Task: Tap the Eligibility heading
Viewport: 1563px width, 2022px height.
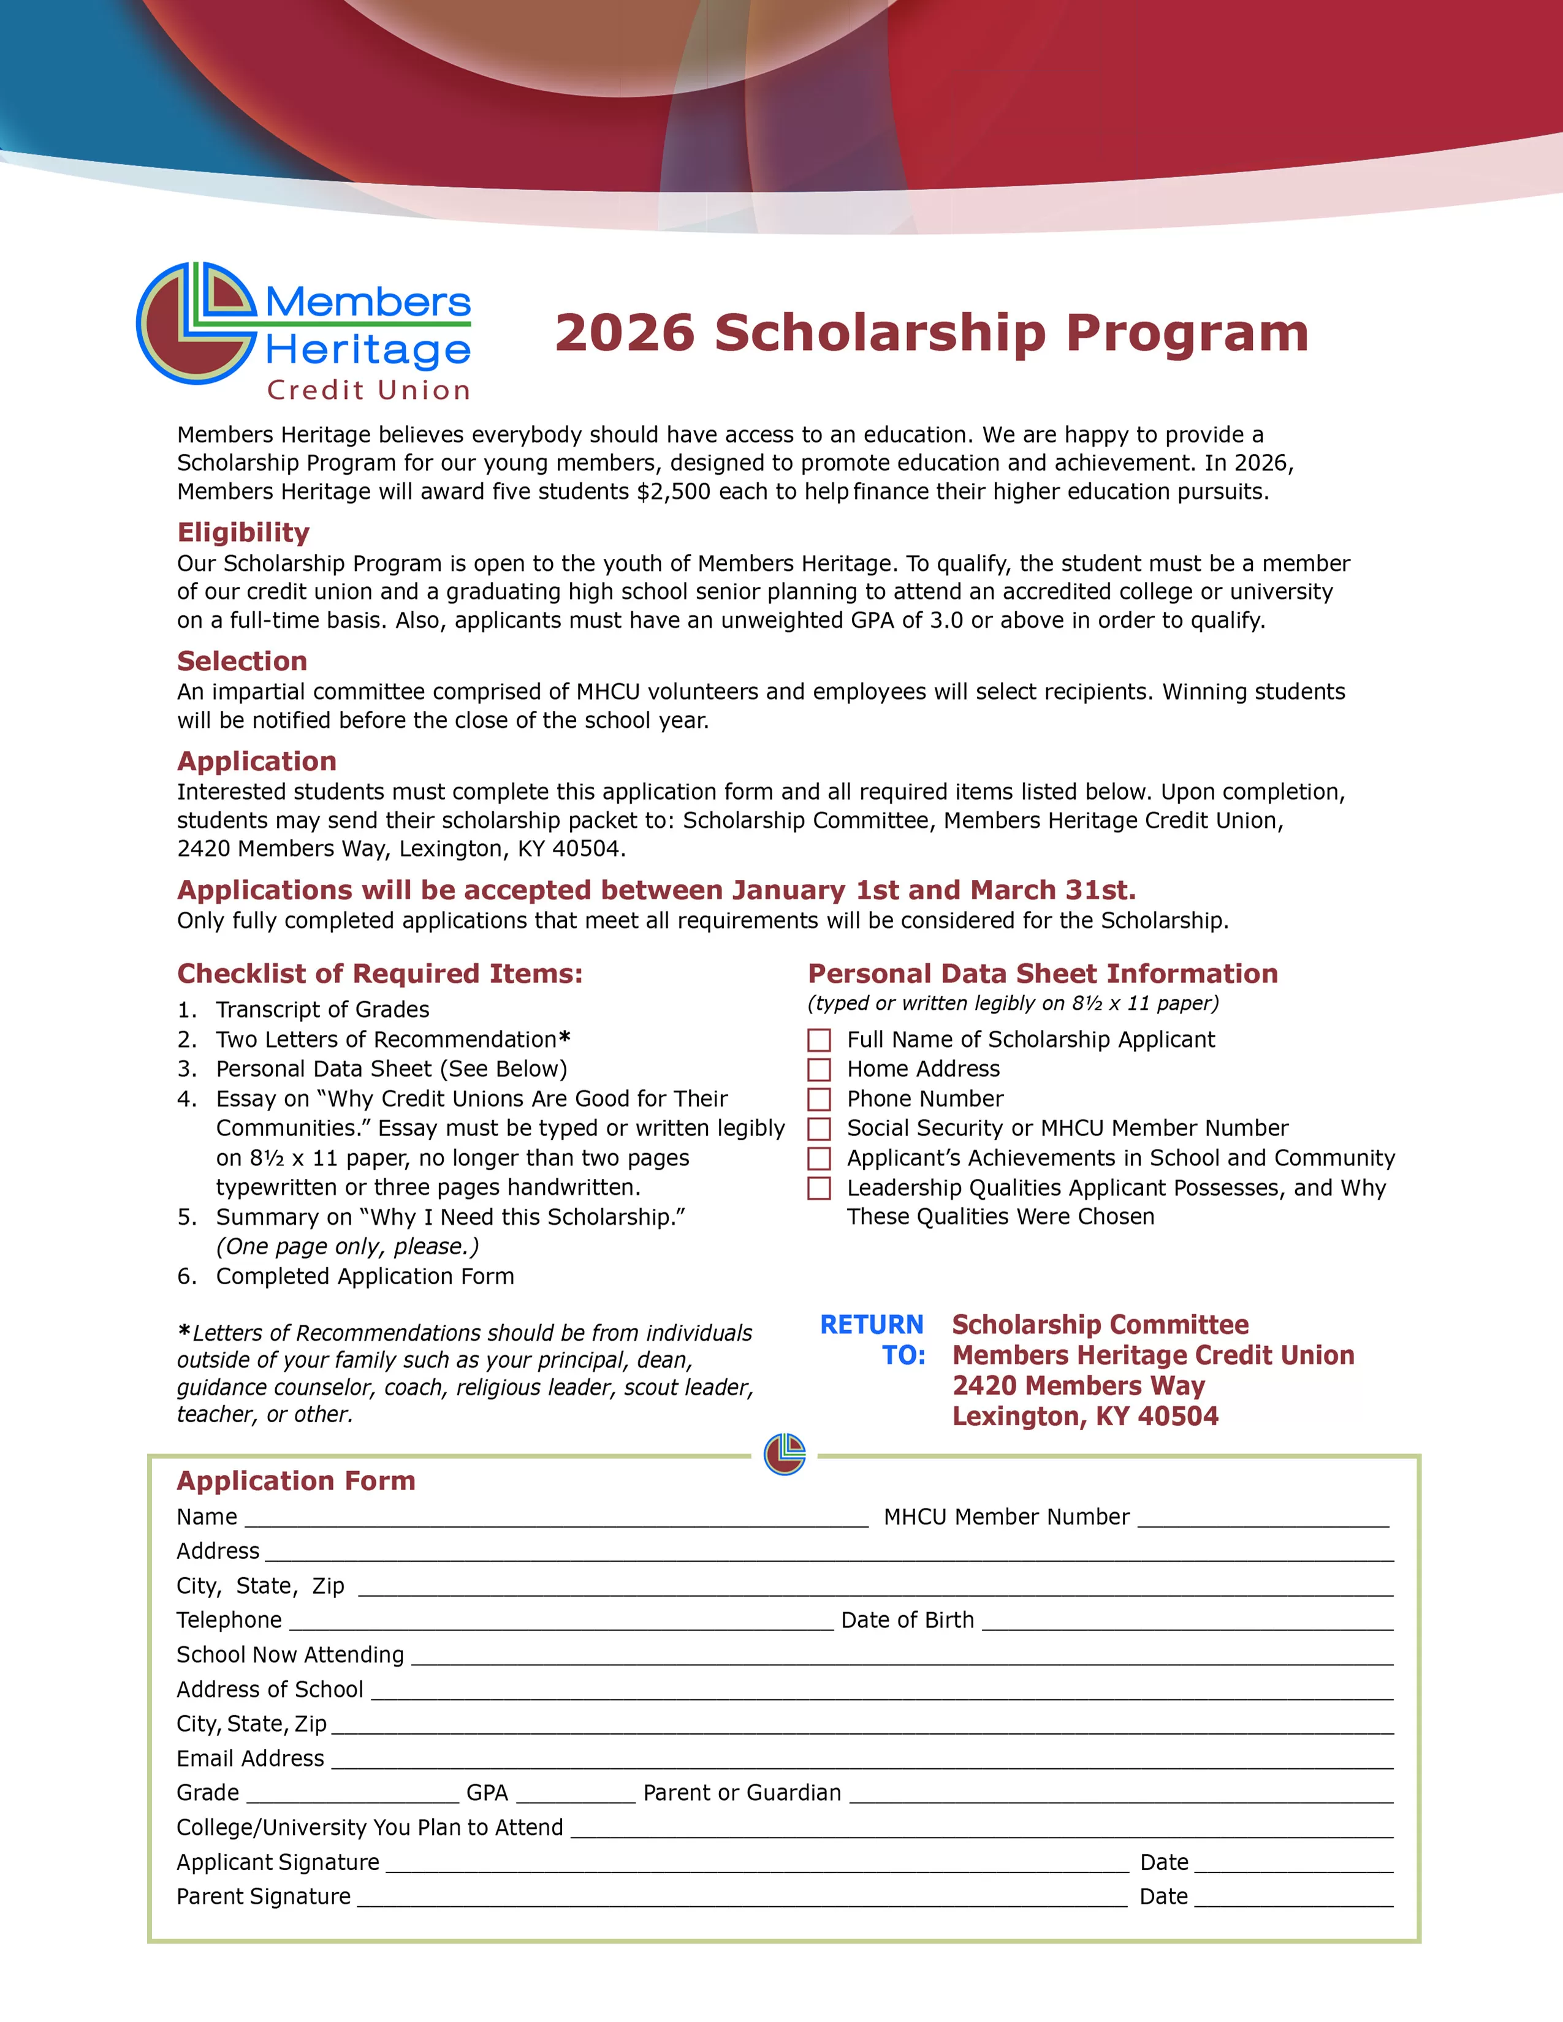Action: [243, 532]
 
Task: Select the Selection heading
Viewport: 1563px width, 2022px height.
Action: [241, 661]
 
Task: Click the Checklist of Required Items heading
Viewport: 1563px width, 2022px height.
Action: [379, 974]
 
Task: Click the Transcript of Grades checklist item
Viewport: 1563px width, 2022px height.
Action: [322, 1010]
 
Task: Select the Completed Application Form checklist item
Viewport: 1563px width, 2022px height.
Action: [365, 1277]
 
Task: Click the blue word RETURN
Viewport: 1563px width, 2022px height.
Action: [872, 1325]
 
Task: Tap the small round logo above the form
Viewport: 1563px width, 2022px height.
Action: [785, 1455]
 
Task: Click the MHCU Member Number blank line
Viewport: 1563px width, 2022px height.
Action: [1263, 1518]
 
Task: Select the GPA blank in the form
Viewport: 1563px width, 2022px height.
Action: [575, 1794]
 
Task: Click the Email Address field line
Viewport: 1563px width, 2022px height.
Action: [861, 1760]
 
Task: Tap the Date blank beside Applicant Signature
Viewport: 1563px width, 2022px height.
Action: [1293, 1864]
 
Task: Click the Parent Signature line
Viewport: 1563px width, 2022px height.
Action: [741, 1898]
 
